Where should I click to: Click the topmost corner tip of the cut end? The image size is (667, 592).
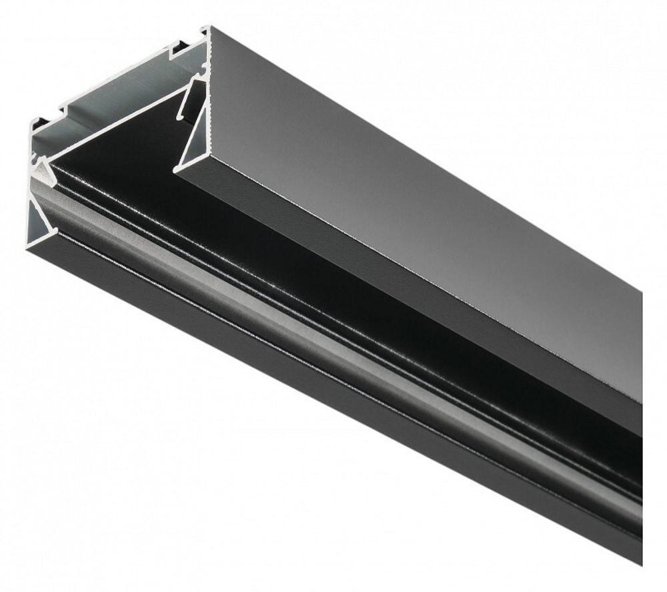[x=207, y=28]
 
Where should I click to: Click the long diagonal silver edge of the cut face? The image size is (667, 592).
[x=113, y=127]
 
